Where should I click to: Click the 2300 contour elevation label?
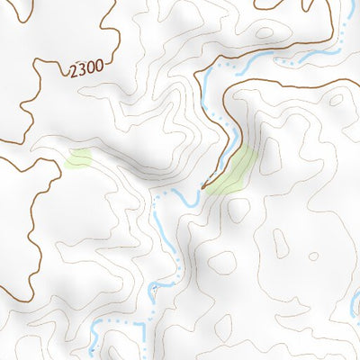85,67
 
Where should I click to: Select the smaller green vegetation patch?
79,160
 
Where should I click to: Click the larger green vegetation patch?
232,171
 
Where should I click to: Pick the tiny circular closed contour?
312,256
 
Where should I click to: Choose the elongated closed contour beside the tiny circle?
280,241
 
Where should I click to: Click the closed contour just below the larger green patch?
238,211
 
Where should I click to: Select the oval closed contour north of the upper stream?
265,33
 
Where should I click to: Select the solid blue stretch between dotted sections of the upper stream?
261,59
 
